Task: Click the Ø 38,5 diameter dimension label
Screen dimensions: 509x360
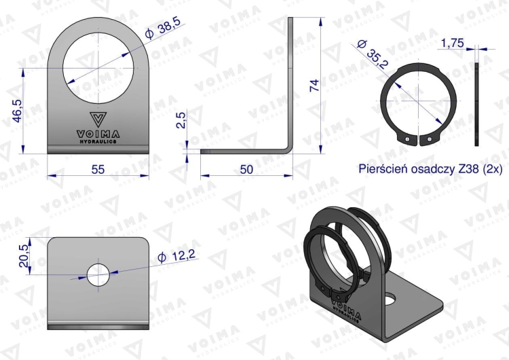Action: pyautogui.click(x=164, y=29)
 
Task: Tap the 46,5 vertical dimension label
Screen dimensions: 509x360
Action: pyautogui.click(x=17, y=111)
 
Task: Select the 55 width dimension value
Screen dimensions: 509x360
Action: pyautogui.click(x=98, y=169)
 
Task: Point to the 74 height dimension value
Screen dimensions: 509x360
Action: pyautogui.click(x=314, y=86)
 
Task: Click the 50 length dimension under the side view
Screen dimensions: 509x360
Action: pyautogui.click(x=246, y=169)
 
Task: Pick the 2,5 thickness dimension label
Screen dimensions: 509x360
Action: pyautogui.click(x=181, y=120)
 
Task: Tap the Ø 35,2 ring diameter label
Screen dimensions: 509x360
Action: pyautogui.click(x=373, y=54)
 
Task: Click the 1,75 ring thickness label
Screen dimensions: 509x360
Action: pyautogui.click(x=453, y=43)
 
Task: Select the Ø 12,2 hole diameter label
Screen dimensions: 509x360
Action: pyautogui.click(x=176, y=255)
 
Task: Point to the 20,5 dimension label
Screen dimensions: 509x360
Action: pyautogui.click(x=24, y=256)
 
